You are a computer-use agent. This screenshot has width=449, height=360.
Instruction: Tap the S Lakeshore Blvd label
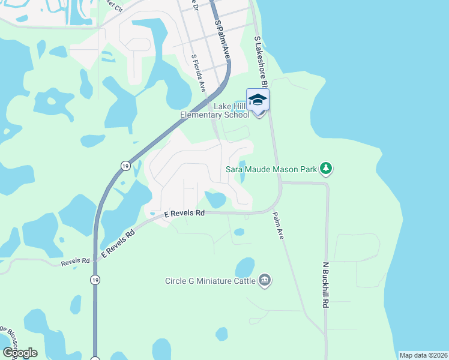coord(261,60)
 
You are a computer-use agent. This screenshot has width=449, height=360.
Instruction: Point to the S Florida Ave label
coord(199,73)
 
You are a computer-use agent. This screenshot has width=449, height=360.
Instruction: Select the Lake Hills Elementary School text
coord(215,110)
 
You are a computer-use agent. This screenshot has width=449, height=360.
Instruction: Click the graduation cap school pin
coord(258,100)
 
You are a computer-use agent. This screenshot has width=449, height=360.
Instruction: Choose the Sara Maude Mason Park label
coord(271,170)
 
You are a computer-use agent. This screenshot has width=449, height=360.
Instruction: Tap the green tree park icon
coord(326,169)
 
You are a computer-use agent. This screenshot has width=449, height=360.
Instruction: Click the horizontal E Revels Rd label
coord(185,213)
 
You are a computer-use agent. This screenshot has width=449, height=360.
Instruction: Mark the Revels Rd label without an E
coord(75,262)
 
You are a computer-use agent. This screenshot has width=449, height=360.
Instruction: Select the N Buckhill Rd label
coord(326,285)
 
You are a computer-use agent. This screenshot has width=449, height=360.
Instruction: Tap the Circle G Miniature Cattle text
coord(209,280)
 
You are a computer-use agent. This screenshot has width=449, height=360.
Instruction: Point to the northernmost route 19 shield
coord(124,165)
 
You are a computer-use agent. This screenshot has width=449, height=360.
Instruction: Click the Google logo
coord(20,353)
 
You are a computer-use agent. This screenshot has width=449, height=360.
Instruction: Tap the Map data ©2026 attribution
coord(423,355)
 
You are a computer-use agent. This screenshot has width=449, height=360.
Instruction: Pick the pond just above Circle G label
coord(245,266)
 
